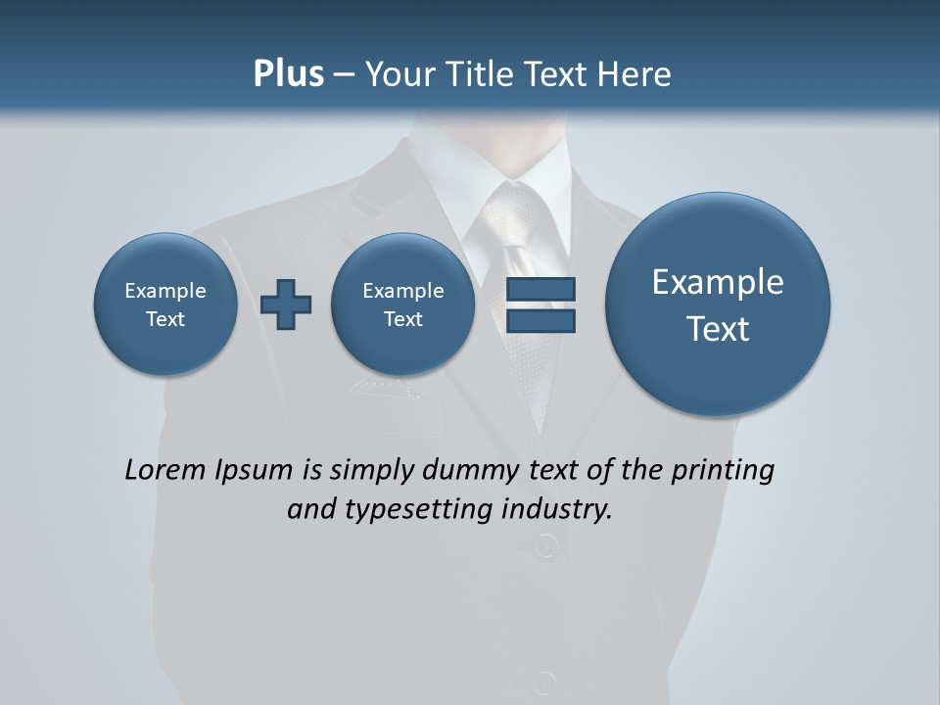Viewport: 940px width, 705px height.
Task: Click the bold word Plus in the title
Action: point(288,74)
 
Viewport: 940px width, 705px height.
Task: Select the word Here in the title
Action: point(635,74)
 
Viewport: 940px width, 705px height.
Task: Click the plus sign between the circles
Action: point(286,305)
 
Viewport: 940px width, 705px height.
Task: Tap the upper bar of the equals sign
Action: point(540,289)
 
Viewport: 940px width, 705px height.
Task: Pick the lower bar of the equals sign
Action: point(540,321)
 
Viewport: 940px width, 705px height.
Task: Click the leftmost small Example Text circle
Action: point(165,305)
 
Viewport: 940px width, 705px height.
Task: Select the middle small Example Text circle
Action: point(402,305)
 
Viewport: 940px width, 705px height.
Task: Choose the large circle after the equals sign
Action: point(718,305)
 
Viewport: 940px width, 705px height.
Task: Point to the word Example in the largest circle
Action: point(718,282)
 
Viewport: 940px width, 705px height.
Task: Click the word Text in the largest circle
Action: point(718,329)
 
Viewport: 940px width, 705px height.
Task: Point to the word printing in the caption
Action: point(723,471)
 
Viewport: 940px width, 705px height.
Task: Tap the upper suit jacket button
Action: point(545,544)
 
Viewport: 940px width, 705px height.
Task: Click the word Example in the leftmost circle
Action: point(165,291)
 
